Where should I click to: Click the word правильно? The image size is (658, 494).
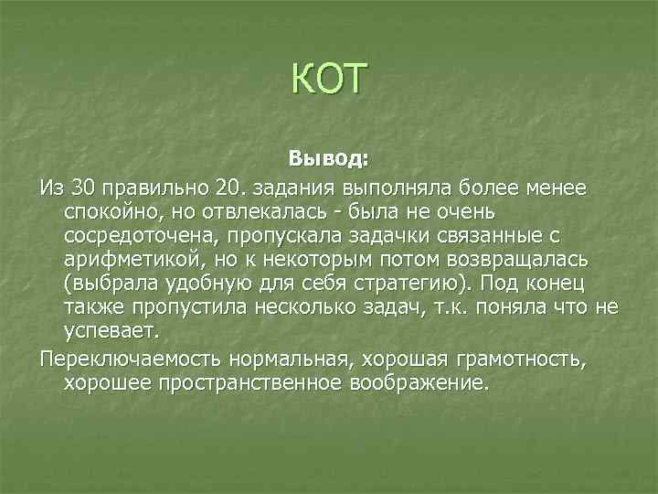tap(155, 188)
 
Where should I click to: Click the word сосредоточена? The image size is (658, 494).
tap(123, 235)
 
